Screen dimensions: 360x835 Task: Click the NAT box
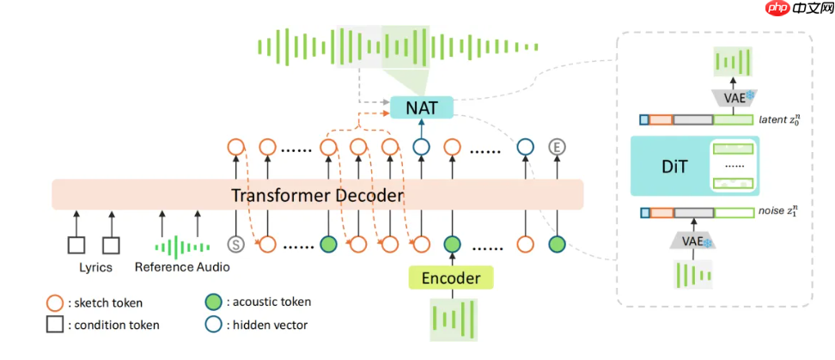click(x=421, y=107)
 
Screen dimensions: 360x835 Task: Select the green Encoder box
click(x=450, y=277)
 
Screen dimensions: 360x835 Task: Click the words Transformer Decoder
click(x=317, y=195)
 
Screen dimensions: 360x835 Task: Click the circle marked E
click(x=557, y=147)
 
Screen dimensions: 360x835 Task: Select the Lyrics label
click(x=95, y=267)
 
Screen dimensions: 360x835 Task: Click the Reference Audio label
click(x=181, y=267)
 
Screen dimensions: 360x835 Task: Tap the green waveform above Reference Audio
click(x=180, y=247)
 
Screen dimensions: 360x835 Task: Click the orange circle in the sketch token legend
click(x=54, y=302)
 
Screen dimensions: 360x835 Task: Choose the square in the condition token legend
click(x=54, y=325)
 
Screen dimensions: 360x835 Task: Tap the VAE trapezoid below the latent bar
click(x=733, y=97)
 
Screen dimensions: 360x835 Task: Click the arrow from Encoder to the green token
click(x=450, y=258)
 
